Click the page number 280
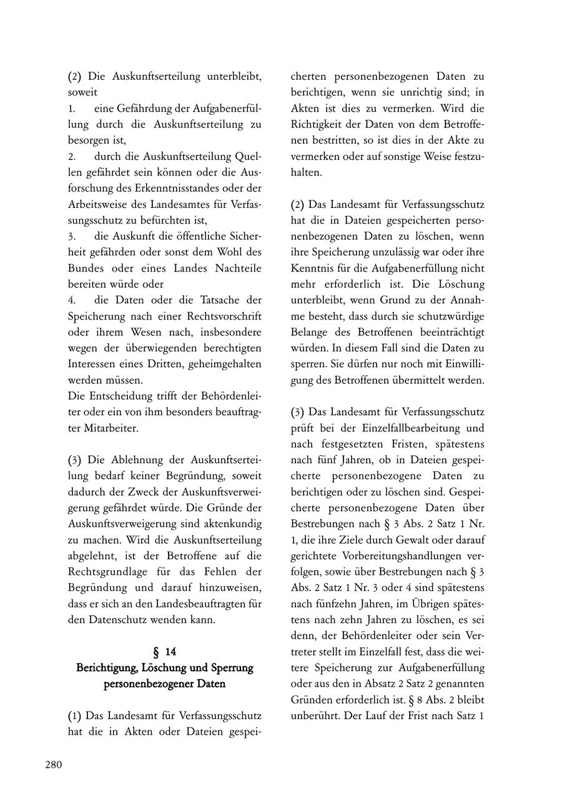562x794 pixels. [x=53, y=765]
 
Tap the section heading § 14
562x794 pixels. [x=165, y=652]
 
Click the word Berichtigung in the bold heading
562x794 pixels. [x=107, y=668]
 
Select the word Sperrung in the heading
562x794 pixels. [x=229, y=668]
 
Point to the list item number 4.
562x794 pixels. [x=72, y=300]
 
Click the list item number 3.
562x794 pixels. [x=72, y=236]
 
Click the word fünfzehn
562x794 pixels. [x=338, y=604]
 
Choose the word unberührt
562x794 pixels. [x=316, y=715]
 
